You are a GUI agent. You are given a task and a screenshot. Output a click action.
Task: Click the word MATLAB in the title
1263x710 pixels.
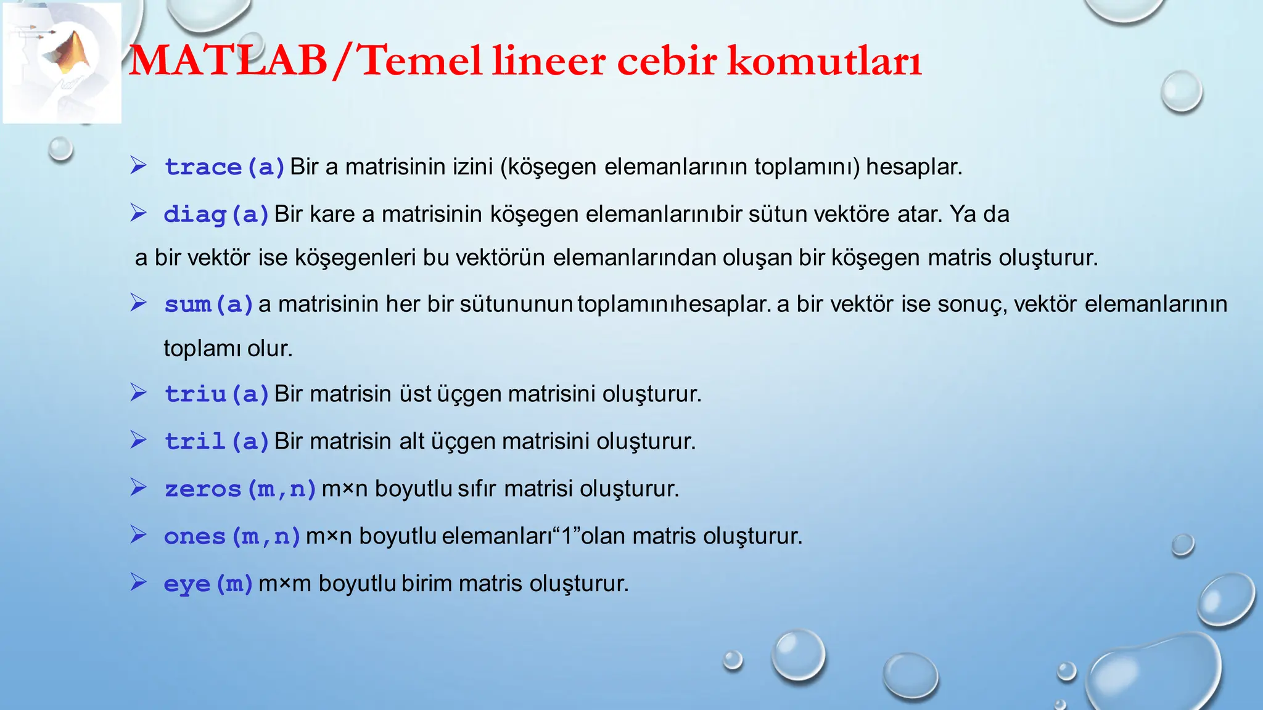pyautogui.click(x=228, y=62)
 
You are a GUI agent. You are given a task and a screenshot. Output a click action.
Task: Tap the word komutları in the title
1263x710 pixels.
pyautogui.click(x=824, y=62)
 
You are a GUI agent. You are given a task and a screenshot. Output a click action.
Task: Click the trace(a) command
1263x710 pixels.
pyautogui.click(x=224, y=167)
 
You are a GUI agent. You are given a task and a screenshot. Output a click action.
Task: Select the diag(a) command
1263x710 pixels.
pyautogui.click(x=216, y=214)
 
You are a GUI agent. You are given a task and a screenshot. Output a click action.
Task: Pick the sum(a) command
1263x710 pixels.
pyautogui.click(x=209, y=304)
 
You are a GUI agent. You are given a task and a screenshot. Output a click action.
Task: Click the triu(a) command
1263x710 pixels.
pyautogui.click(x=217, y=394)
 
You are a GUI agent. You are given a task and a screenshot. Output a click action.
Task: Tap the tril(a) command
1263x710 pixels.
pyautogui.click(x=217, y=441)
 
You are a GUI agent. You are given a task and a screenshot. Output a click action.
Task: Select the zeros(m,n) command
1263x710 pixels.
pyautogui.click(x=241, y=489)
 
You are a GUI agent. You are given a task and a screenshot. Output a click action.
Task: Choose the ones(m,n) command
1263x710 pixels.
pyautogui.click(x=232, y=536)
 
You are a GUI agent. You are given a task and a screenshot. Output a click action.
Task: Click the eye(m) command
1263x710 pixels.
pyautogui.click(x=208, y=584)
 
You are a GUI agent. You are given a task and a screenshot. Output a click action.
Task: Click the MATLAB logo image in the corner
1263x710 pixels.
pyautogui.click(x=62, y=62)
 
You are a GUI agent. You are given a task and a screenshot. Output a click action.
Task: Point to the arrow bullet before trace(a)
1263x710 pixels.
pyautogui.click(x=138, y=165)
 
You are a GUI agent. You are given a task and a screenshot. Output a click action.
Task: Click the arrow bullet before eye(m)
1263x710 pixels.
pyautogui.click(x=138, y=582)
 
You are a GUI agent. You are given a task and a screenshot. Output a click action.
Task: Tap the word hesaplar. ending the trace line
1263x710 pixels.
pyautogui.click(x=914, y=167)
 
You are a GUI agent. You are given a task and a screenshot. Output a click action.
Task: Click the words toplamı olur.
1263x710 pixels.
pyautogui.click(x=228, y=349)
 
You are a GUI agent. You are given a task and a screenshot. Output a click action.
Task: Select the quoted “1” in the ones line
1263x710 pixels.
pyautogui.click(x=567, y=536)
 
